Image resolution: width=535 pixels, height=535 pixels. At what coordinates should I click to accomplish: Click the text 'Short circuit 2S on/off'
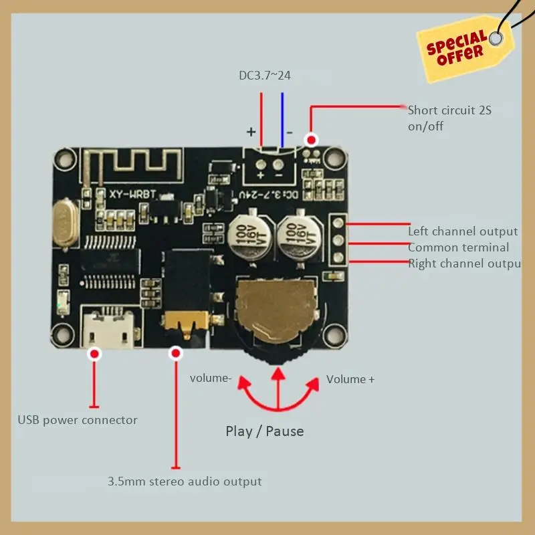pos(449,118)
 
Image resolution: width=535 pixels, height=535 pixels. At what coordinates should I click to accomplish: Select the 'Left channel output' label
pos(463,231)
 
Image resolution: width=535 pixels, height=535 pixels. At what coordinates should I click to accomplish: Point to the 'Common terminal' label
pos(458,247)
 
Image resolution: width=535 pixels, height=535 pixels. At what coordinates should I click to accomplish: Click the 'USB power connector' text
pos(78,420)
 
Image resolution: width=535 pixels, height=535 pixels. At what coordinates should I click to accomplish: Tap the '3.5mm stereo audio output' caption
pos(185,481)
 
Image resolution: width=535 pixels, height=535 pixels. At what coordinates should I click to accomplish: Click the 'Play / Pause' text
pos(265,431)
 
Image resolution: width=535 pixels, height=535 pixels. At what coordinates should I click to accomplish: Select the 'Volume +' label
pos(350,379)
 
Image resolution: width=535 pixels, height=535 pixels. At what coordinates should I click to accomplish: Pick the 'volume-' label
pos(211,378)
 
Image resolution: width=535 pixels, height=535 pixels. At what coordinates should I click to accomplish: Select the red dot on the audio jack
pos(176,352)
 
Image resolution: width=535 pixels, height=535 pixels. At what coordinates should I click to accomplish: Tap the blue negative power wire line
pos(282,120)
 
